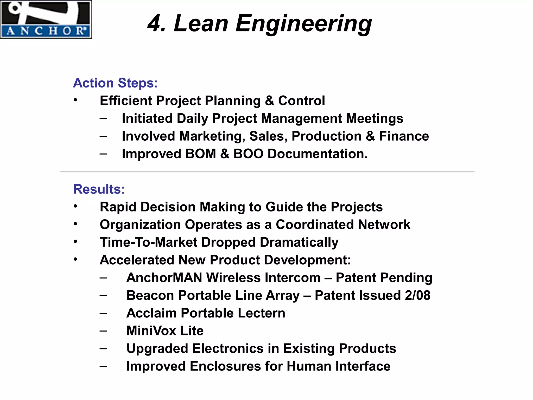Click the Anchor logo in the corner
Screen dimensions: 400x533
46,20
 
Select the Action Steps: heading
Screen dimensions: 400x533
116,83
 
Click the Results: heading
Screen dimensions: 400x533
99,189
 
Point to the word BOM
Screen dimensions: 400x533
201,154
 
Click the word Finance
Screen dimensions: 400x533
404,136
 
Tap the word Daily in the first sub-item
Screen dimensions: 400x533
192,118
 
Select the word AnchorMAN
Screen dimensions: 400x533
164,278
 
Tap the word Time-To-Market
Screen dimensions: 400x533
149,242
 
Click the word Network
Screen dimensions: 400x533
384,224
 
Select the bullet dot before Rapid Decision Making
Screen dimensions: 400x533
75,206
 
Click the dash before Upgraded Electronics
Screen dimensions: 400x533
103,348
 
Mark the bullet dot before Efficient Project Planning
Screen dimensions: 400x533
75,100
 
